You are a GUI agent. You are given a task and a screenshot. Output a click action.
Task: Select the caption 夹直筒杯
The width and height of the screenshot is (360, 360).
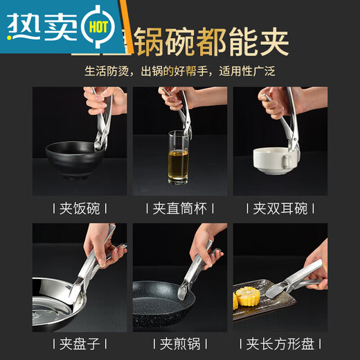pyautogui.click(x=179, y=208)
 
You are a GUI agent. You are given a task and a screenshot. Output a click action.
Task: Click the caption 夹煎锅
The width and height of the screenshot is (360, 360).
pyautogui.click(x=179, y=342)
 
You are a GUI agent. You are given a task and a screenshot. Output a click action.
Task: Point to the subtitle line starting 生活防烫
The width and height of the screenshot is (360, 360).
pyautogui.click(x=179, y=71)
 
